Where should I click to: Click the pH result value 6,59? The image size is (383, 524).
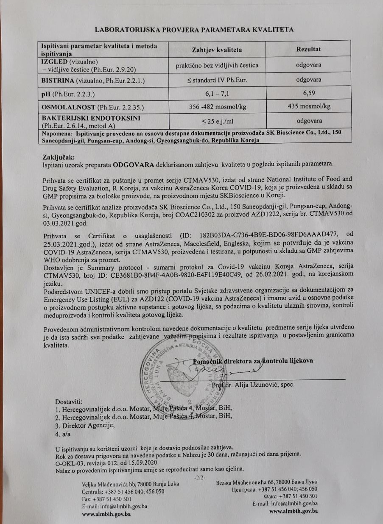(308, 92)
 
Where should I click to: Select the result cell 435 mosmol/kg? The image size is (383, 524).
(308, 106)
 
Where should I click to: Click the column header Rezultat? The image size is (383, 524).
(308, 49)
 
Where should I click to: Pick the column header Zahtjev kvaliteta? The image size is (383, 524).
(217, 50)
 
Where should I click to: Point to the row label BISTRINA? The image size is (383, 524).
(58, 80)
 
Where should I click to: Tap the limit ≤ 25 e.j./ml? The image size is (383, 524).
(217, 121)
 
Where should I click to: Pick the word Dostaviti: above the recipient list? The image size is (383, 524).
(70, 401)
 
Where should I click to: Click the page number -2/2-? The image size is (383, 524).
(199, 478)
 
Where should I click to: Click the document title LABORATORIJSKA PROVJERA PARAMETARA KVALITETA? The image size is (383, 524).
(194, 29)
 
